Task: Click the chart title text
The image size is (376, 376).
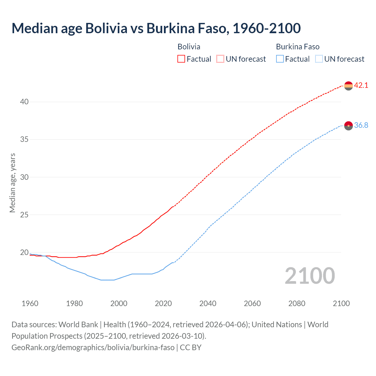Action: click(156, 28)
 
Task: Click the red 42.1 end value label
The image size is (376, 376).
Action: click(361, 85)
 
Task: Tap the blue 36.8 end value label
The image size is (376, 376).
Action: click(361, 125)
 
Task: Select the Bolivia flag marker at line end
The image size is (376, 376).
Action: click(348, 86)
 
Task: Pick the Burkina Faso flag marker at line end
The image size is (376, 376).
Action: click(348, 126)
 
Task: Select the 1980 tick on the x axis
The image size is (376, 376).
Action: click(74, 303)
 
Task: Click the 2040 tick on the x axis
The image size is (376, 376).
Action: click(208, 303)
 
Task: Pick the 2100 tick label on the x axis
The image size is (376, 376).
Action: click(341, 303)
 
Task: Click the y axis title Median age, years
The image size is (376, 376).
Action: click(12, 183)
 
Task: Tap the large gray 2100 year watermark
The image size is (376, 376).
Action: click(310, 276)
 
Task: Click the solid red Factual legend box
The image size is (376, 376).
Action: click(181, 59)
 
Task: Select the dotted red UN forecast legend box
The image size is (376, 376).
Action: click(220, 59)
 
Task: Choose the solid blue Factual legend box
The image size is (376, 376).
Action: click(280, 59)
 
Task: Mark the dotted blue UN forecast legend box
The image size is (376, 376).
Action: click(319, 59)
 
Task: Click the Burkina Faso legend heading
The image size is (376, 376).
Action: click(298, 47)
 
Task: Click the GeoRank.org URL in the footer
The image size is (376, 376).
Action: click(93, 348)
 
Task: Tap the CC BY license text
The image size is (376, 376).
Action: click(191, 348)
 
